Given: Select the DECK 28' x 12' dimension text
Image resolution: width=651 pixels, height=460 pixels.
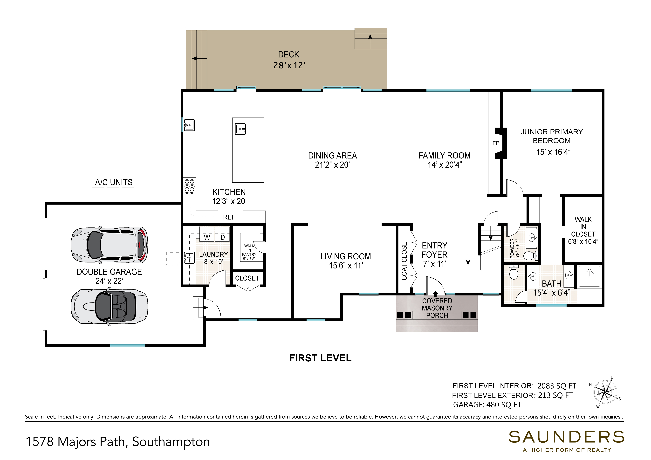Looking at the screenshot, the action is point(289,60).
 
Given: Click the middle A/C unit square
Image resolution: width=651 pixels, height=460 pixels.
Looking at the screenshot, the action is point(113,193).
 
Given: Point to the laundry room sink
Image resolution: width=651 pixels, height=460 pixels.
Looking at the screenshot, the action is point(189,258).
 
